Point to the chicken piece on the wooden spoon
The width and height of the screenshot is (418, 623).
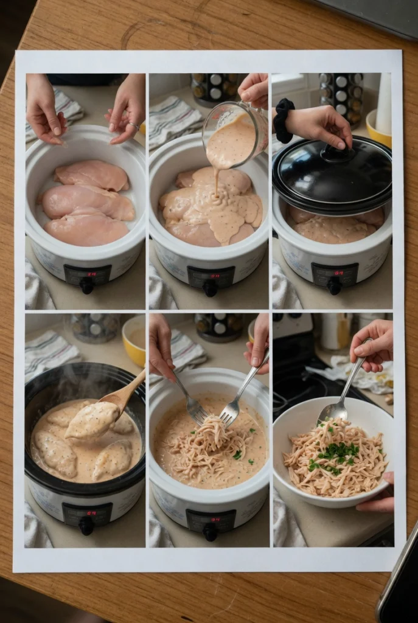pyautogui.click(x=92, y=420)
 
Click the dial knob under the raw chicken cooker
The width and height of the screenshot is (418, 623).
pyautogui.click(x=87, y=286)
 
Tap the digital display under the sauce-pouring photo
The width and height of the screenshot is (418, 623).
pyautogui.click(x=209, y=277)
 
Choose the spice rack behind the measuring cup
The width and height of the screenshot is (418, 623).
pyautogui.click(x=215, y=89)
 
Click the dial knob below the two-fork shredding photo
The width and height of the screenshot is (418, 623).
pyautogui.click(x=211, y=533)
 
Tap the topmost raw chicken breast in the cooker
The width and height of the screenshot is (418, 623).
pyautogui.click(x=91, y=175)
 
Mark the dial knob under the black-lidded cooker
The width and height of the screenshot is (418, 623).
pyautogui.click(x=334, y=286)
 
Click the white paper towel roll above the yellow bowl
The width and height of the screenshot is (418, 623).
pyautogui.click(x=384, y=103)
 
